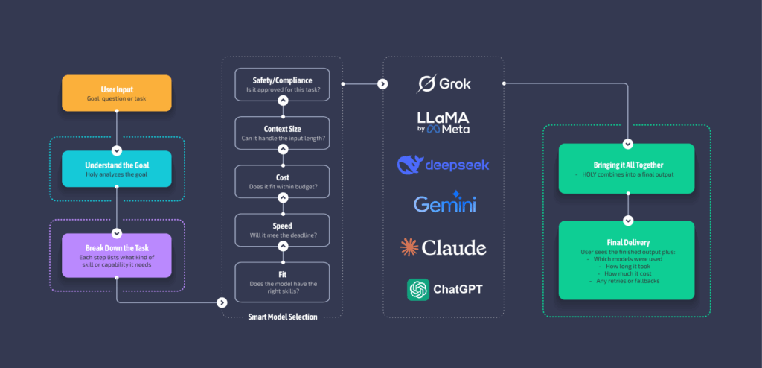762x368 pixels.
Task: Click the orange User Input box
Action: click(117, 93)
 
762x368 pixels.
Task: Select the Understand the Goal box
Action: click(117, 168)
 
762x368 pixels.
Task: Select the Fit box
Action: click(281, 281)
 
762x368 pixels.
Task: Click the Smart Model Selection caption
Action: click(282, 317)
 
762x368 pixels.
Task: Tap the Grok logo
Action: click(444, 84)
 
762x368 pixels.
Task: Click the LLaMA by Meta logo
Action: click(444, 122)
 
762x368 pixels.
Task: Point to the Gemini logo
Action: click(444, 203)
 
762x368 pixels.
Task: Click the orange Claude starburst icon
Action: click(409, 247)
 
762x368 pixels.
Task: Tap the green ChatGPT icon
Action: click(418, 289)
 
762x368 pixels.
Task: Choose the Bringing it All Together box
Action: click(627, 168)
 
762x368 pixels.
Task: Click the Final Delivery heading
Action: click(627, 242)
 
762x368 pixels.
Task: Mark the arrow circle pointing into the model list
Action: click(382, 84)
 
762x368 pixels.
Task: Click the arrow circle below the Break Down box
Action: click(221, 302)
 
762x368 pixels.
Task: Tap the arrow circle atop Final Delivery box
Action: click(627, 221)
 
